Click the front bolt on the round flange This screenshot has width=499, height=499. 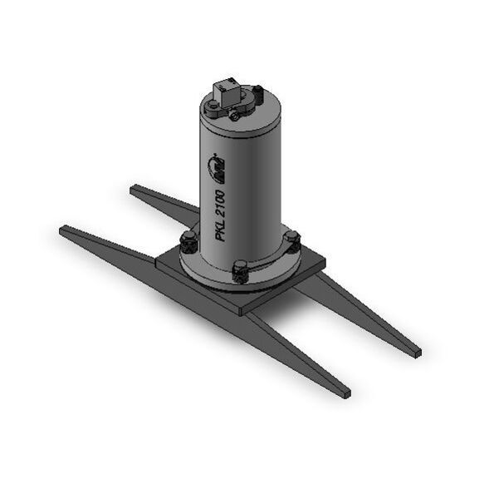point(240,270)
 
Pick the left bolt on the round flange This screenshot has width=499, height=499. point(188,244)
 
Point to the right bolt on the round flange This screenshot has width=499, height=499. point(291,240)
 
